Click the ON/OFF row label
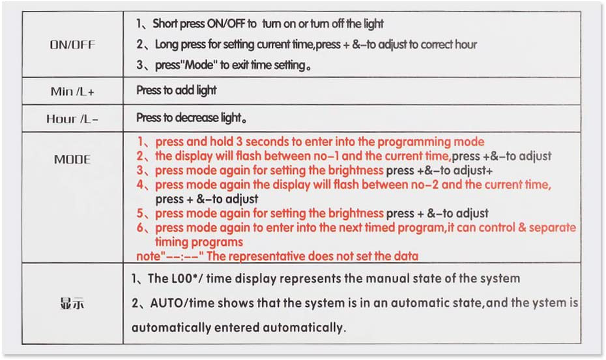click(x=72, y=45)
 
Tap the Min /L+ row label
click(x=72, y=91)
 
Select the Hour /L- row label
click(x=72, y=119)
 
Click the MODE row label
click(x=72, y=159)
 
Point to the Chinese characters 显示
click(x=72, y=303)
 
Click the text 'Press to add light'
click(x=176, y=90)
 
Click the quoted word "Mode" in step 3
click(x=198, y=65)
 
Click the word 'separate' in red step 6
click(x=552, y=228)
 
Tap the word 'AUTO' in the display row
click(x=166, y=303)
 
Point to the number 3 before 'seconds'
click(x=239, y=142)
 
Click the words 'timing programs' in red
click(x=199, y=243)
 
